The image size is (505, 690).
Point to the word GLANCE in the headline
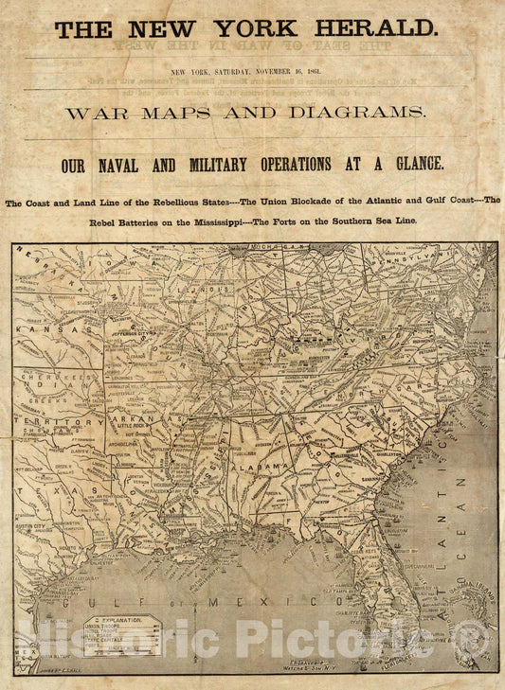pyautogui.click(x=410, y=165)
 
